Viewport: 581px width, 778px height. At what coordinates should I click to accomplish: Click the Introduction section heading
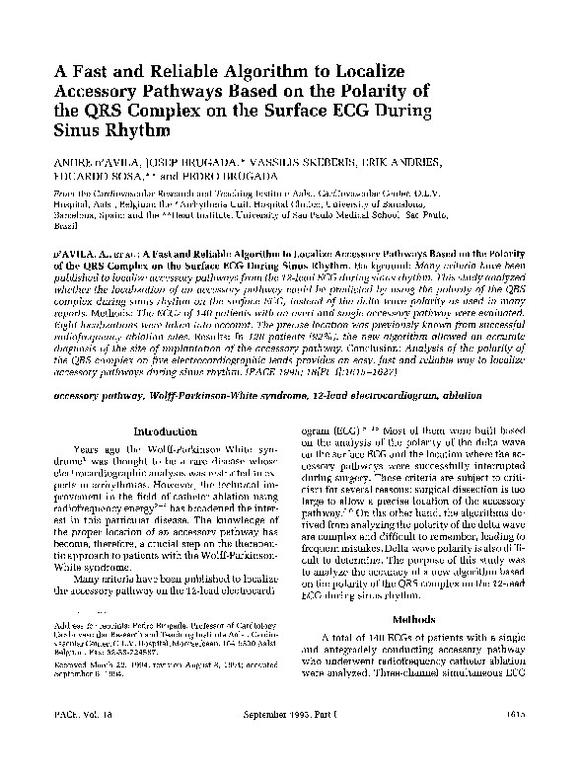click(166, 430)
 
